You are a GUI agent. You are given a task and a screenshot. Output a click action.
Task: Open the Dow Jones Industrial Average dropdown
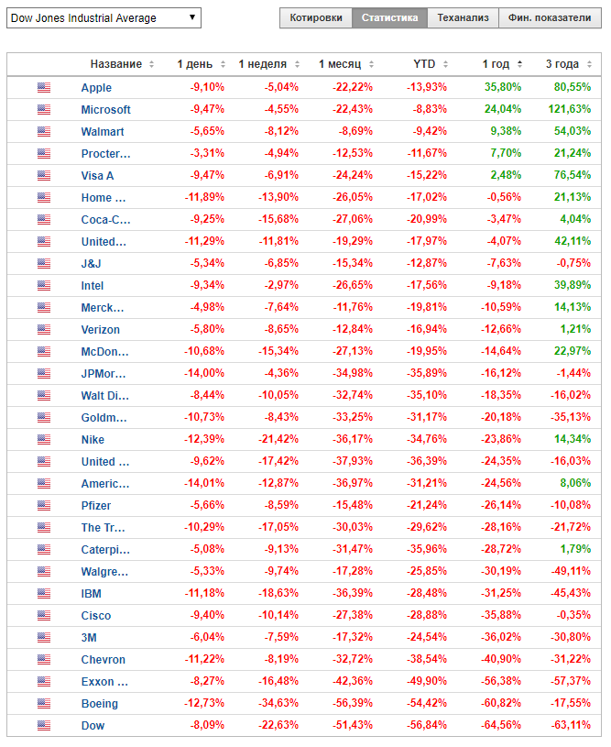tap(104, 17)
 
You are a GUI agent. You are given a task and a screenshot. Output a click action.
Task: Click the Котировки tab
tap(316, 17)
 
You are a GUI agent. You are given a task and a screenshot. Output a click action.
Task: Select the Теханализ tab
tap(464, 17)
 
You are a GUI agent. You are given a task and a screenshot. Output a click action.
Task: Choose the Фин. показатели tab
tap(550, 17)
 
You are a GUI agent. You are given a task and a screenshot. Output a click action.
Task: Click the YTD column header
tap(424, 64)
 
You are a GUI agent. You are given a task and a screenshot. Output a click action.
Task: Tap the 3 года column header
tap(562, 64)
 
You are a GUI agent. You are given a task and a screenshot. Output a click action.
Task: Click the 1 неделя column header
tap(263, 64)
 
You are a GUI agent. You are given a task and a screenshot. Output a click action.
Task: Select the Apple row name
tap(96, 88)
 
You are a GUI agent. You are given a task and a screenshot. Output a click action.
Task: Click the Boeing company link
tap(99, 704)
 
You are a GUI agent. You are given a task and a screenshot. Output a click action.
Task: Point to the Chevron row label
tap(103, 660)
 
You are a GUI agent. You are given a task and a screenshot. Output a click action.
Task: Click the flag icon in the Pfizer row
tap(44, 506)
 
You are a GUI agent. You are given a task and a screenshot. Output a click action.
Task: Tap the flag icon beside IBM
tap(44, 594)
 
